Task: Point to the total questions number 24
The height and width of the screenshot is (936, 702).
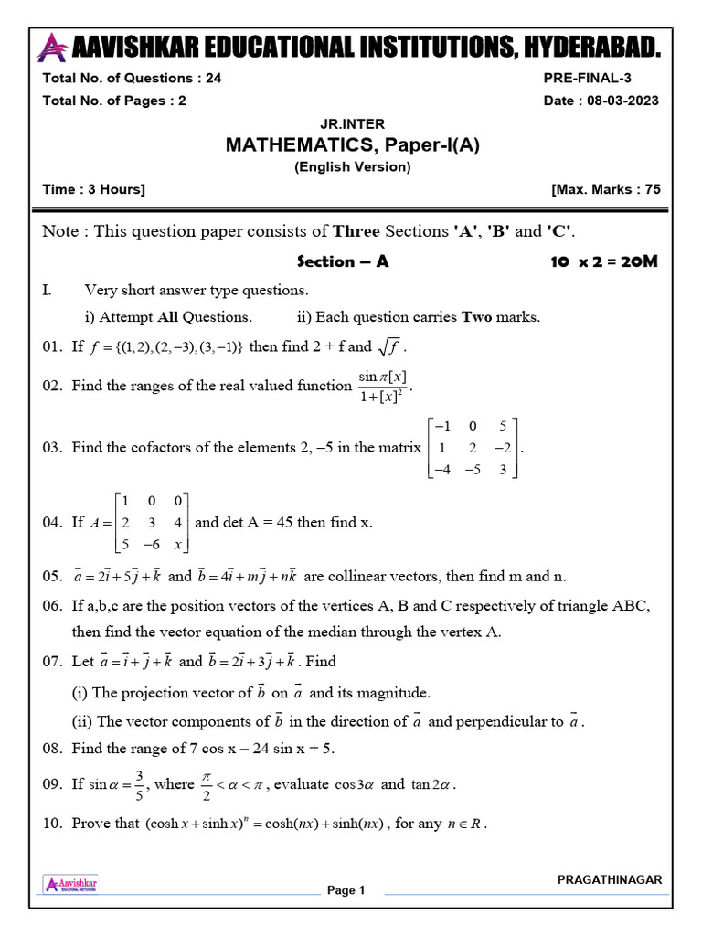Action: [x=213, y=79]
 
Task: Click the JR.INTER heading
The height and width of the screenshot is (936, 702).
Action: [x=352, y=123]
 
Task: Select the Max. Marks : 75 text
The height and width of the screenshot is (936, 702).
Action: [x=605, y=189]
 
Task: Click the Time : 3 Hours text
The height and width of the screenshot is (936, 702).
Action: [x=93, y=189]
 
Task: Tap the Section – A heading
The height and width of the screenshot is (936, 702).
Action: [x=344, y=261]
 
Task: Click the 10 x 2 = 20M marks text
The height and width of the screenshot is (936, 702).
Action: [x=603, y=261]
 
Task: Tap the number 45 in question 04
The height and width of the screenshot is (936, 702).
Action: [x=282, y=523]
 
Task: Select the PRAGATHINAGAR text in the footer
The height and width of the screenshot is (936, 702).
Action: [x=610, y=879]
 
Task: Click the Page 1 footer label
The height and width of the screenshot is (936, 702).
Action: [x=346, y=890]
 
